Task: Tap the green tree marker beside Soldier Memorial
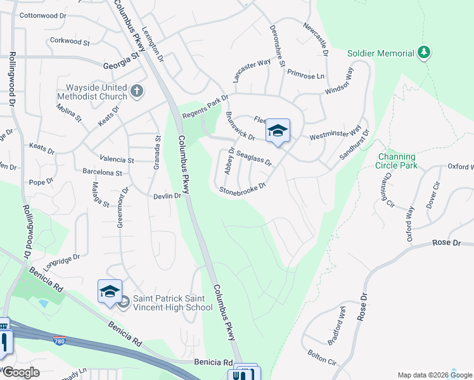(x=425, y=53)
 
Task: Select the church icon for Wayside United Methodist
(x=136, y=92)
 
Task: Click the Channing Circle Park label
(x=397, y=161)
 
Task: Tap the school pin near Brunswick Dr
(x=278, y=131)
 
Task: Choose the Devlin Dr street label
(x=167, y=196)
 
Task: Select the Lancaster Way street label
(x=252, y=70)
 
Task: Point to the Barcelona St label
(x=102, y=172)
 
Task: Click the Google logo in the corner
(x=21, y=372)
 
